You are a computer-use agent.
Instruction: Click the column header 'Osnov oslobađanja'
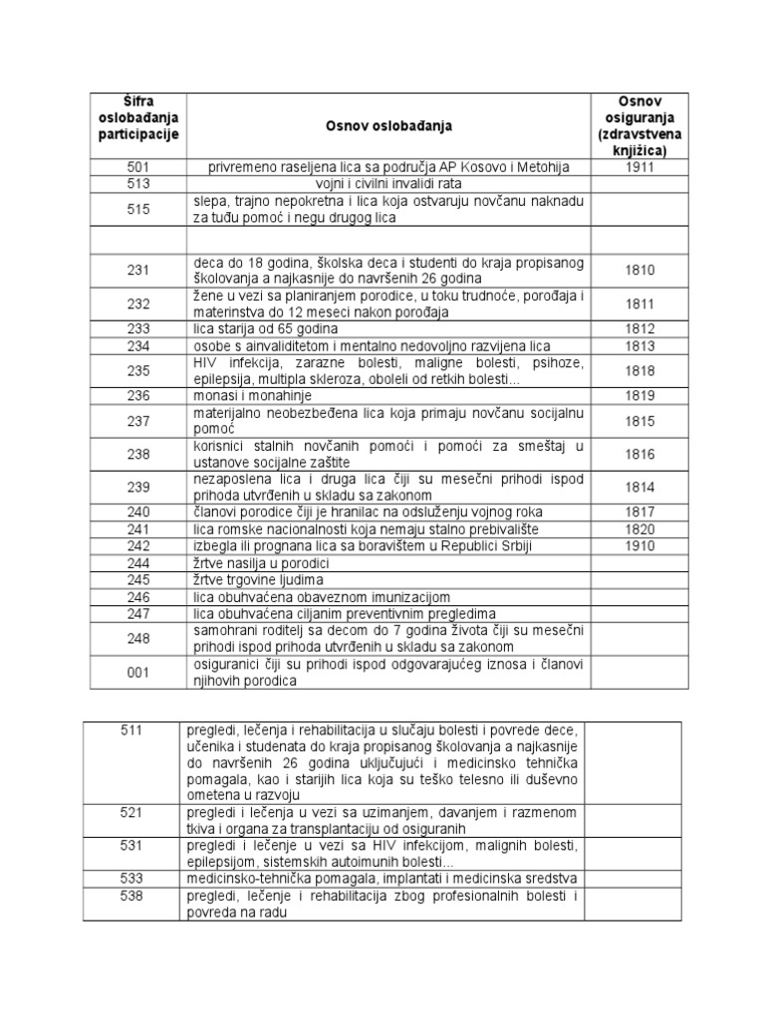388,126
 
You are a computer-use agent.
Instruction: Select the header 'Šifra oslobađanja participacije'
138,118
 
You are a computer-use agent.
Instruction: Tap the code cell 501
138,168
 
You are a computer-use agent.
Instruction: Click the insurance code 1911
640,168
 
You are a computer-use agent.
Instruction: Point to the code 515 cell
138,209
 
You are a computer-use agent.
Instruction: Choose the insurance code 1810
640,270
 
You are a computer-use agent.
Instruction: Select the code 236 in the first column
138,395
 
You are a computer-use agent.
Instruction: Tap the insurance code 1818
640,370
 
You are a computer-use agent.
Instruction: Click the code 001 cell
138,673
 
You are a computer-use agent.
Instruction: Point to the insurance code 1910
640,545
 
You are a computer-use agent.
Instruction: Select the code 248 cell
138,639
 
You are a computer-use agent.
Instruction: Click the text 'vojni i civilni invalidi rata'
387,184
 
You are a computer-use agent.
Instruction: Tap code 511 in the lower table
131,730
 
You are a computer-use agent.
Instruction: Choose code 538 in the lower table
131,896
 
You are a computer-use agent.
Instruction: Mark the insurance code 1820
640,529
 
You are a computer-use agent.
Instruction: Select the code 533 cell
131,879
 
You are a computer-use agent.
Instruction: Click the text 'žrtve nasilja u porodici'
262,563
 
